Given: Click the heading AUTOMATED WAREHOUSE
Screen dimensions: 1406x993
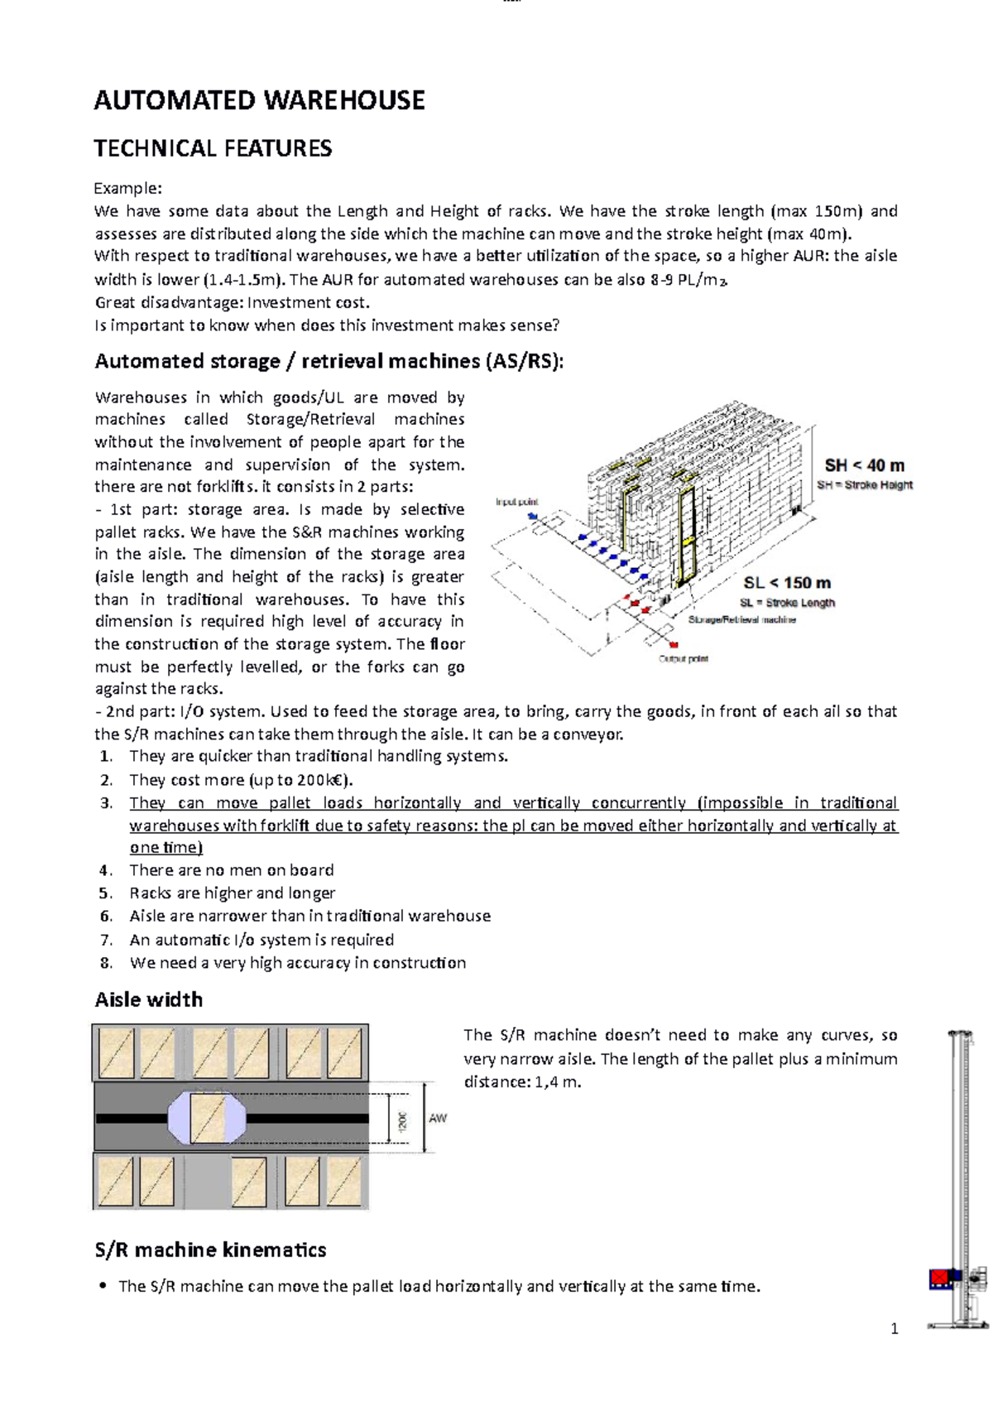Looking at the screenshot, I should click(259, 100).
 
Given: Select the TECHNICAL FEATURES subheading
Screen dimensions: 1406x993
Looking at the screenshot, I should click(213, 148).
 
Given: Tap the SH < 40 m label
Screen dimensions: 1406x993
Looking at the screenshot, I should click(864, 465).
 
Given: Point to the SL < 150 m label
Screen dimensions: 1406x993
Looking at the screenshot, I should click(786, 583).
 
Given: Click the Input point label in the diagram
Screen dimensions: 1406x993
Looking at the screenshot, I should click(516, 502).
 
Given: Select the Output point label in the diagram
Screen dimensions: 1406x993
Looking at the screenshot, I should click(683, 659).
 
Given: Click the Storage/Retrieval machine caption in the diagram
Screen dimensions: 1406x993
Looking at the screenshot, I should click(741, 619).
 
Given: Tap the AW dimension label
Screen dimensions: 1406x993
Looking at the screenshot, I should click(438, 1118).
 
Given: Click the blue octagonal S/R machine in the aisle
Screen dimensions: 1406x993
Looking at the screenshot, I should click(207, 1118).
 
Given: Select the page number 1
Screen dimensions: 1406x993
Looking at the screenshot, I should click(894, 1329).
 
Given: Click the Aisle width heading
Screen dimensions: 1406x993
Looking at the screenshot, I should click(149, 999).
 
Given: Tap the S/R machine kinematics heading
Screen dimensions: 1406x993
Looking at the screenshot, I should click(210, 1250).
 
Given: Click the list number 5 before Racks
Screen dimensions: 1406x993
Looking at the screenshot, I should click(105, 893).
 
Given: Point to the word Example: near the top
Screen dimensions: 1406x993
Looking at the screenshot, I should click(127, 188).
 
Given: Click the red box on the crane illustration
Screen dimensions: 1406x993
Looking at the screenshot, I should click(938, 1278).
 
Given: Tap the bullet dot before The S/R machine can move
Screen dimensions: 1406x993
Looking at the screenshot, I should click(103, 1286).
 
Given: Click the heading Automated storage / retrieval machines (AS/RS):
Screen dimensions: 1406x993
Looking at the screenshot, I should click(329, 361).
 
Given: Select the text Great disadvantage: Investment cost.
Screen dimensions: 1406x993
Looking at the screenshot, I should click(232, 302).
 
